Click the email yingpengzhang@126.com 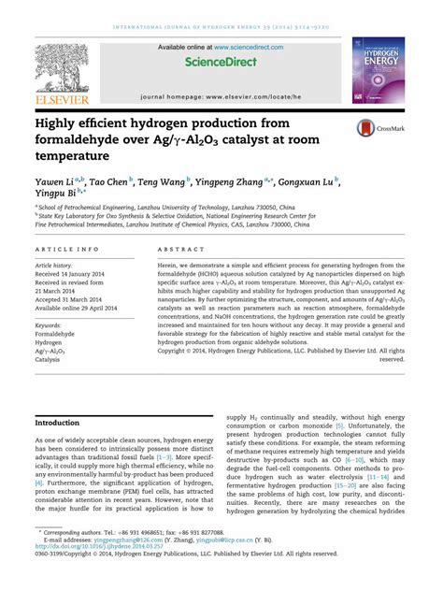click(125, 566)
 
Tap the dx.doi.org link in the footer click(104, 573)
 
